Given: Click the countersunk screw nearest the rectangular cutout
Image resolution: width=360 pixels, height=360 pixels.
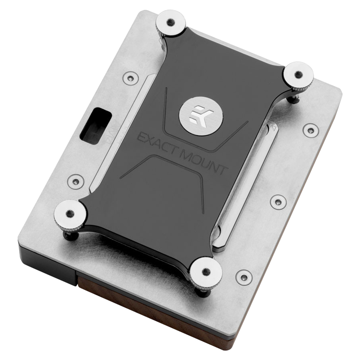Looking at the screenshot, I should click(130, 77).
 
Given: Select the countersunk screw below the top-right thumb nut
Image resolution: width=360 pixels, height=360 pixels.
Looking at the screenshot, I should click(310, 129).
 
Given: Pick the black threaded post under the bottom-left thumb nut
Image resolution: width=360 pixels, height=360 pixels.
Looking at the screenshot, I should click(73, 236).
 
